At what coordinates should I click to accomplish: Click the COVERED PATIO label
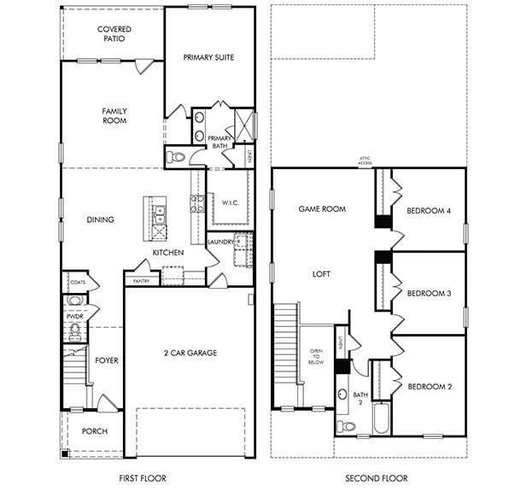114,33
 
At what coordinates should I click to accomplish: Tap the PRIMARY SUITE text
208,57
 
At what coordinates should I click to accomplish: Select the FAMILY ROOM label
114,115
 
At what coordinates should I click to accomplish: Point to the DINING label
100,219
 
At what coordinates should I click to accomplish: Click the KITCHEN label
168,253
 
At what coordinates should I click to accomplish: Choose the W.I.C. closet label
228,202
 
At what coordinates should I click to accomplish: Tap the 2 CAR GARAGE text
190,353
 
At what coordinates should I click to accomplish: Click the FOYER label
107,360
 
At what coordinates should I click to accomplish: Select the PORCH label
94,431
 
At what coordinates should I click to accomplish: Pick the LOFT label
321,274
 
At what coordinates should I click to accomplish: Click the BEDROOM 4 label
428,211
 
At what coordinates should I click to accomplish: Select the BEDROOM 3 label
428,293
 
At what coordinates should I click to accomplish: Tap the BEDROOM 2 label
429,387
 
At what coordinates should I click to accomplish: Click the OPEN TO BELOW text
316,356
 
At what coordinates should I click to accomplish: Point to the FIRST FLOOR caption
142,478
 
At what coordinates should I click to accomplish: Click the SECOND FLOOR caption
376,478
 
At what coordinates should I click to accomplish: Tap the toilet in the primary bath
175,157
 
